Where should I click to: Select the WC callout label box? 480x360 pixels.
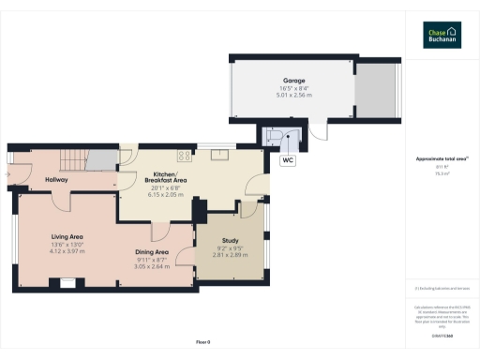click(288, 160)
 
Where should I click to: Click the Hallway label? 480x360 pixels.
click(44, 166)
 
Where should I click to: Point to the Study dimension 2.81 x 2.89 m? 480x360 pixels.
click(230, 256)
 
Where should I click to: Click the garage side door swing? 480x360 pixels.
click(319, 134)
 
